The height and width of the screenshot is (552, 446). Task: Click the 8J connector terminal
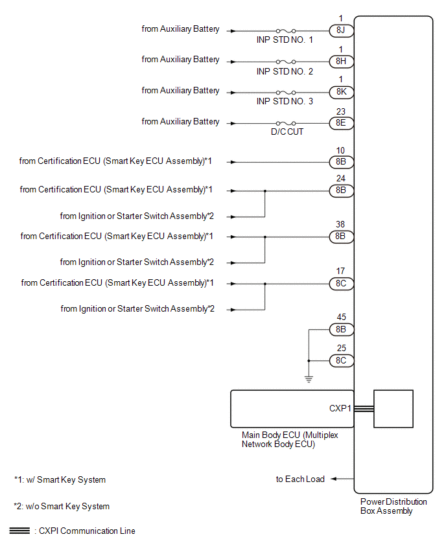(341, 30)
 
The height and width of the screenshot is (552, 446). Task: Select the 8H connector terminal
(341, 62)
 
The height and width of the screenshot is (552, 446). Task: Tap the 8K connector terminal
(341, 92)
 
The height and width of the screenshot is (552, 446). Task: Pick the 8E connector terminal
(341, 123)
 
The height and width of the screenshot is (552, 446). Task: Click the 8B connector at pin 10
(341, 162)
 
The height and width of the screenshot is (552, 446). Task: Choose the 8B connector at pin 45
(341, 330)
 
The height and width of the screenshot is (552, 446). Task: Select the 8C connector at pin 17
(341, 284)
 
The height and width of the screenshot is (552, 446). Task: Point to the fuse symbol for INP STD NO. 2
(286, 62)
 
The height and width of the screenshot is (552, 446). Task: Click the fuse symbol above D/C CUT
(286, 123)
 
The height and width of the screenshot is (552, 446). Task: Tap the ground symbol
(309, 379)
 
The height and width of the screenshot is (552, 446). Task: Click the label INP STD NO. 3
(285, 101)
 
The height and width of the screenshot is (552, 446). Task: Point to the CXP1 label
(340, 408)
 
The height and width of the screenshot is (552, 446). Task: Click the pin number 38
(340, 225)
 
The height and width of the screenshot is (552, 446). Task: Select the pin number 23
(341, 111)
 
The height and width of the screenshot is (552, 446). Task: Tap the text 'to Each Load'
(300, 479)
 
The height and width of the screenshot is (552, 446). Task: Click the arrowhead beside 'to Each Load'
(334, 479)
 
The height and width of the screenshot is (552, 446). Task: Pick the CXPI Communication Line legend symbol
(19, 531)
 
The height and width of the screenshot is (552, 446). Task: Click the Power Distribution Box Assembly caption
(393, 506)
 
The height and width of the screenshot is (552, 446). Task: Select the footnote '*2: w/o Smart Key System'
(62, 506)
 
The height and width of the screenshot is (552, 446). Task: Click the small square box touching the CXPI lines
(393, 409)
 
